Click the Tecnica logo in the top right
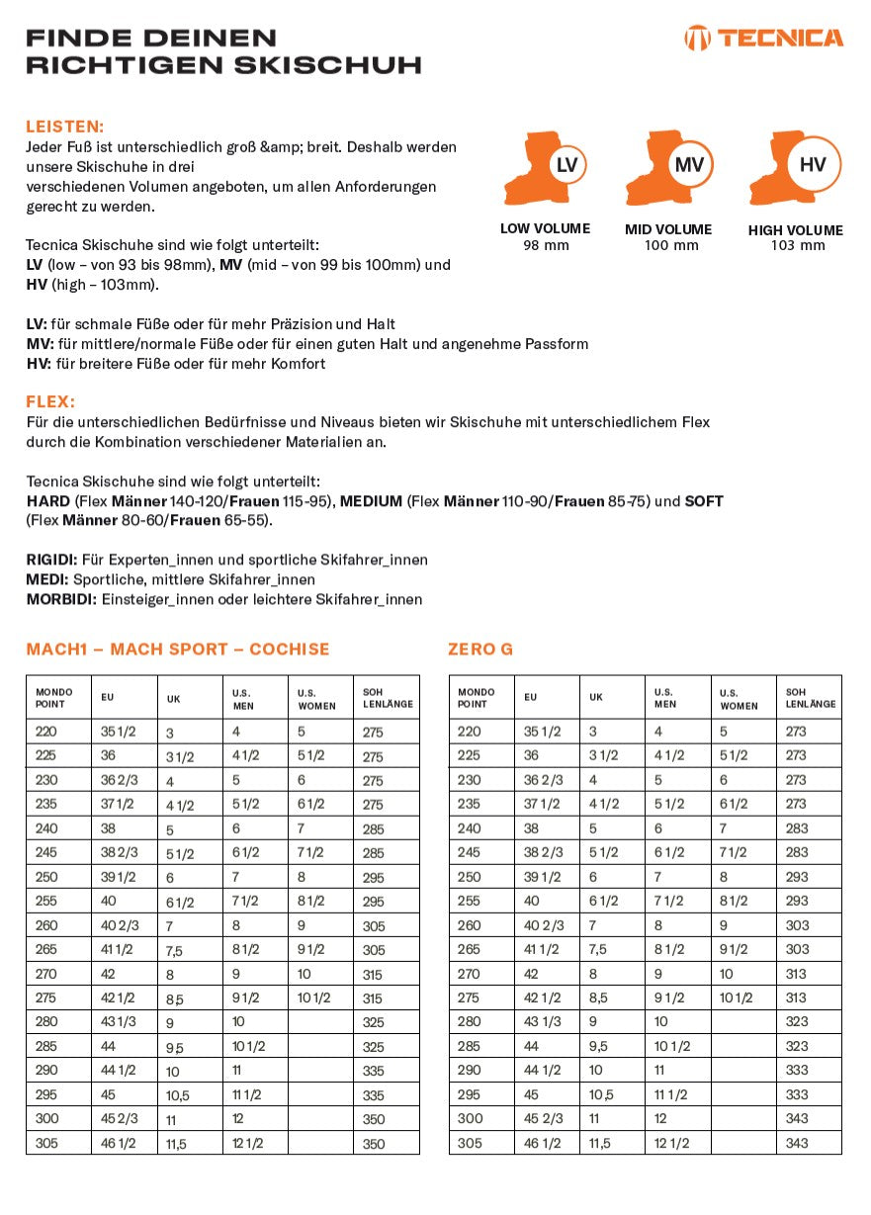tap(764, 39)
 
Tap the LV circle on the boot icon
tap(566, 165)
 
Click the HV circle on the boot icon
tap(812, 165)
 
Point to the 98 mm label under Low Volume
tap(546, 245)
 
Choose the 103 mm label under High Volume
tap(797, 246)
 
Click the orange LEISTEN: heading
tap(64, 127)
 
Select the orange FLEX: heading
tap(50, 402)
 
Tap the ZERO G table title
tap(480, 650)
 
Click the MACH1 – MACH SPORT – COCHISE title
tap(178, 650)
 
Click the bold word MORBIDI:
tap(61, 599)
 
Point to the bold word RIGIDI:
tap(51, 560)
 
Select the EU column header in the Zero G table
tap(531, 697)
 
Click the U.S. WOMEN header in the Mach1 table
tap(316, 699)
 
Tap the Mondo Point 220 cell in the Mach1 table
tap(46, 732)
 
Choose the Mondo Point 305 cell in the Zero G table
tap(470, 1143)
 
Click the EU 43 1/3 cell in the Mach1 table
tap(118, 1022)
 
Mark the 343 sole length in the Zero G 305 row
tap(797, 1143)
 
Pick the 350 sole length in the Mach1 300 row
tap(373, 1119)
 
